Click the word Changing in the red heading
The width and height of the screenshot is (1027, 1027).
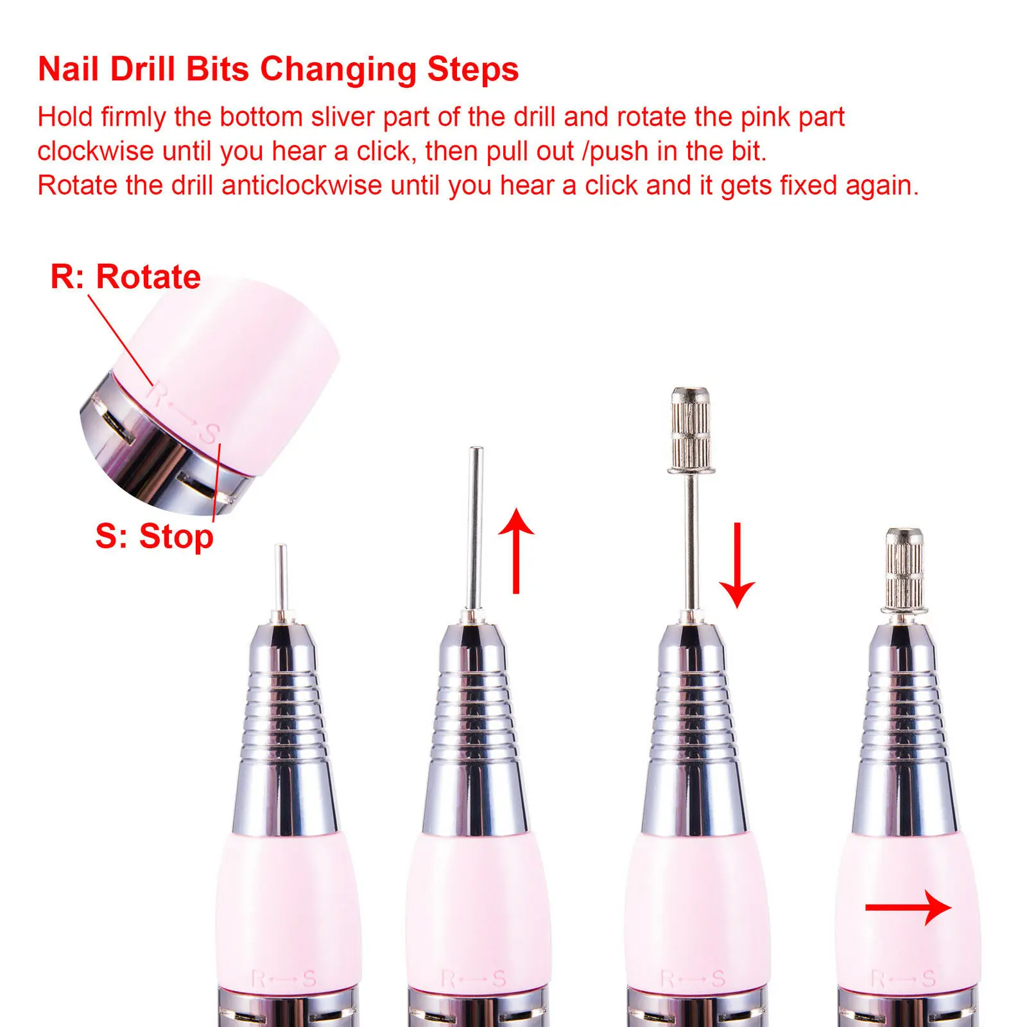pos(338,70)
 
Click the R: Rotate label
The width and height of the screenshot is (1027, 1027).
pos(126,277)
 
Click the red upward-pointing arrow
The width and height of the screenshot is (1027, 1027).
pos(516,551)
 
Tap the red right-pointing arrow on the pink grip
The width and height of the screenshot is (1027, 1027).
pos(908,907)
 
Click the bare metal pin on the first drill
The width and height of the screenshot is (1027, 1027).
pos(280,581)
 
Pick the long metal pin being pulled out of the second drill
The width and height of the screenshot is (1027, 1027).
pos(475,530)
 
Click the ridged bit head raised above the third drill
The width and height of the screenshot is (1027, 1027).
pos(691,430)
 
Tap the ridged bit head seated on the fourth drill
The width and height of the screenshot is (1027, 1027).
pos(904,569)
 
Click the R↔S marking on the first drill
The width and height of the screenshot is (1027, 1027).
pos(283,979)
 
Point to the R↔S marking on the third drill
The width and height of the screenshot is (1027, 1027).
pos(693,979)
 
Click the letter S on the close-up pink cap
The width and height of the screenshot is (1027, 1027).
pos(209,433)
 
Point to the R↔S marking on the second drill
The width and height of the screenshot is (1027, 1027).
pos(474,979)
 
